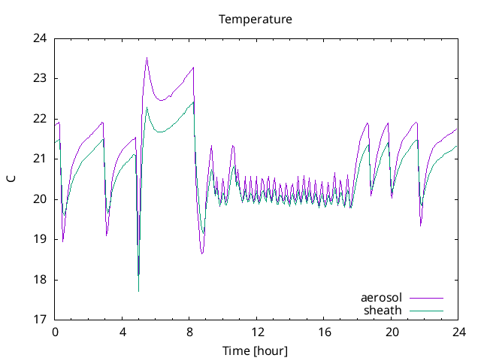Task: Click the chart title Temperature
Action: click(x=255, y=19)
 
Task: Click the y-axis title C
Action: click(x=11, y=179)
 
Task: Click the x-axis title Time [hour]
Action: click(x=255, y=350)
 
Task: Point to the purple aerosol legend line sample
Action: click(x=425, y=298)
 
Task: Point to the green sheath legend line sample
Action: click(x=425, y=310)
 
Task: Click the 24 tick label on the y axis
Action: click(x=40, y=38)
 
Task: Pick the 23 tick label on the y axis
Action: click(x=40, y=78)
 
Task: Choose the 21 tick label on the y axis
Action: click(x=40, y=159)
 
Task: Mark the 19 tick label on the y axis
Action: click(x=40, y=239)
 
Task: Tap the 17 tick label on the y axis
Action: click(x=40, y=320)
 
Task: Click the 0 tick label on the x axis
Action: click(x=55, y=332)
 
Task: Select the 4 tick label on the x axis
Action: click(x=123, y=332)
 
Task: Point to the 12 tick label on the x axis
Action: click(x=257, y=332)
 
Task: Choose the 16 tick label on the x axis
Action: click(x=324, y=332)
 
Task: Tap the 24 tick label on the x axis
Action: click(x=458, y=332)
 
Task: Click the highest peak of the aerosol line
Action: click(x=147, y=58)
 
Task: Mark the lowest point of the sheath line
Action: click(x=138, y=290)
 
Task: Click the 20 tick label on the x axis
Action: click(x=391, y=332)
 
